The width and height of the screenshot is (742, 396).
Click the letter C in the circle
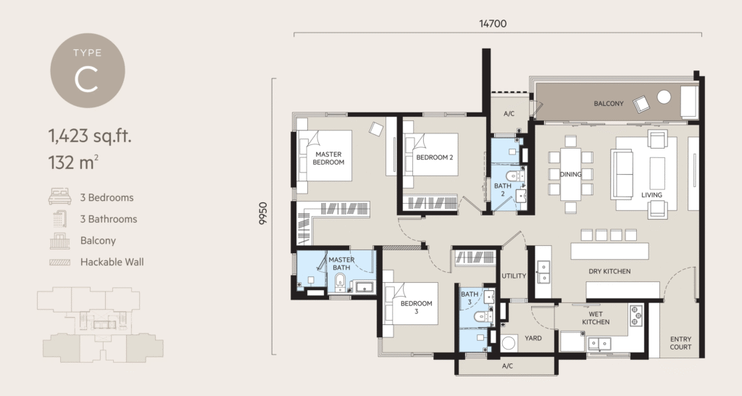tap(87, 80)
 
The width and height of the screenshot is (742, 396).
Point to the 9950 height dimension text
tap(263, 216)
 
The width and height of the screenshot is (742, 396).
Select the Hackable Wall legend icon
tap(58, 261)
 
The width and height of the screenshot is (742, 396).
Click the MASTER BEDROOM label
tap(328, 158)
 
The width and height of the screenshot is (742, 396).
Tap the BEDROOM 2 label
tap(435, 157)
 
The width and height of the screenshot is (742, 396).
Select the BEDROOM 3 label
tap(416, 308)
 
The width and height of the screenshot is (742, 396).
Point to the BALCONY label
tap(609, 104)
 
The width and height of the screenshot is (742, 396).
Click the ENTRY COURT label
tap(680, 342)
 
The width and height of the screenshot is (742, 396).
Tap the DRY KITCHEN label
tap(609, 272)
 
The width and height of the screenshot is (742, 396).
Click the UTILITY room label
tap(513, 276)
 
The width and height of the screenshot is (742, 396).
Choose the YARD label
tap(533, 337)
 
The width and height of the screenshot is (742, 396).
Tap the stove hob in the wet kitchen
tap(636, 315)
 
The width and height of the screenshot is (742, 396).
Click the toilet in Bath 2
tap(513, 176)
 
